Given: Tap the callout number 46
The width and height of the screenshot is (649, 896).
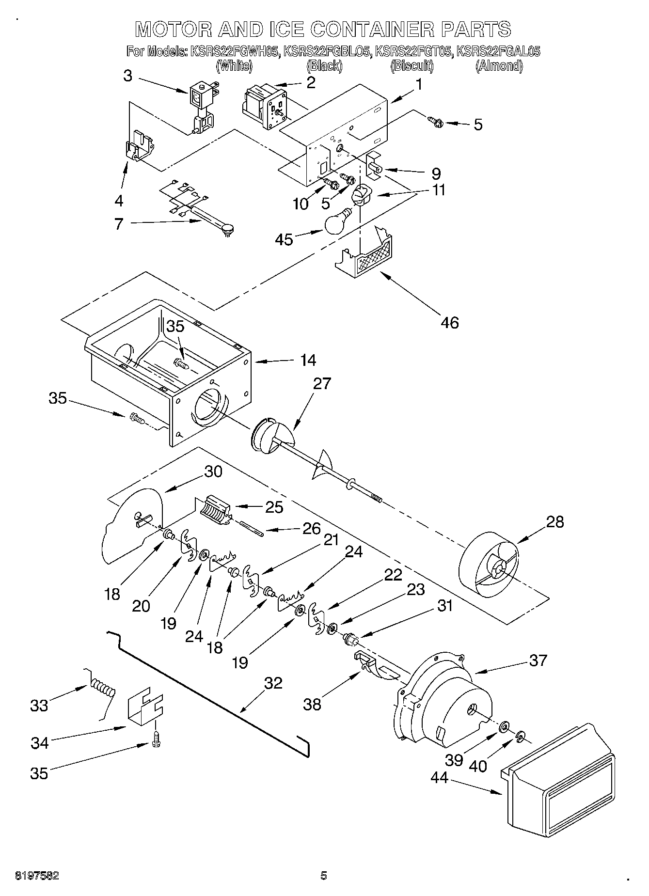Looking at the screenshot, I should coord(450,322).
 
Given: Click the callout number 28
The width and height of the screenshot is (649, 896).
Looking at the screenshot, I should coord(555,522).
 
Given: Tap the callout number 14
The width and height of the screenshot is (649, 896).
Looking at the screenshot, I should coord(308,360).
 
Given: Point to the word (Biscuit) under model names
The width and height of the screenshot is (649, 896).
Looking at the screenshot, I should coord(412,66).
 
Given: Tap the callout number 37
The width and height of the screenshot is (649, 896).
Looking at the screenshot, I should coord(538,660).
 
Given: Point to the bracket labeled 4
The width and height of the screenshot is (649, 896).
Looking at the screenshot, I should coord(139,146).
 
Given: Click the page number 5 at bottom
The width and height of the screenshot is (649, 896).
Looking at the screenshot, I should coord(324,876).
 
